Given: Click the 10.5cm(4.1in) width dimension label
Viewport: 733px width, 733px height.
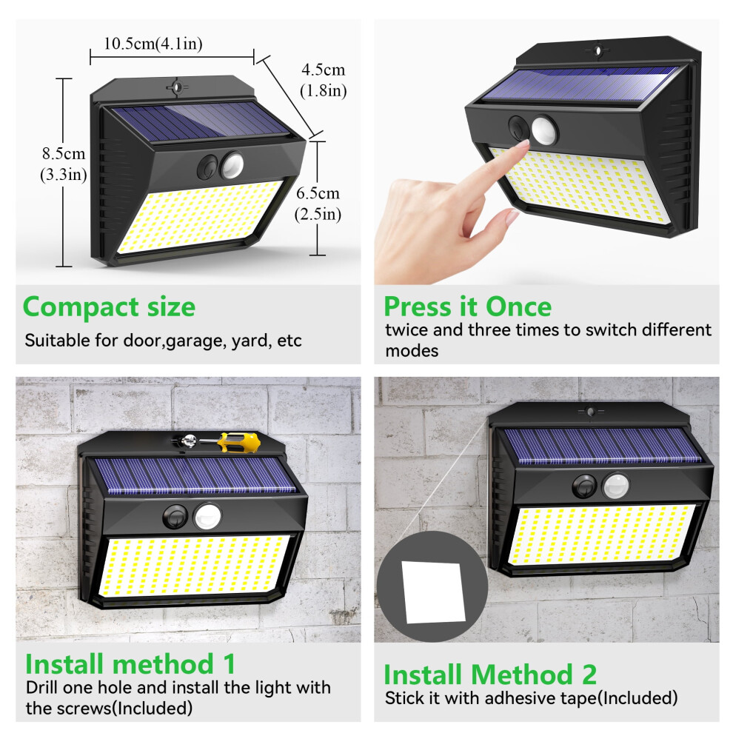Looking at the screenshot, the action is (153, 44).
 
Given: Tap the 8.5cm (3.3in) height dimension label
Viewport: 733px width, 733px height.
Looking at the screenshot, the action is (64, 164).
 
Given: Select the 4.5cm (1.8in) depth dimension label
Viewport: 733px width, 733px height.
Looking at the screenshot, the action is (323, 80).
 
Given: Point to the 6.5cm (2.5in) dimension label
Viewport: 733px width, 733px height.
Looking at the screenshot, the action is (318, 204).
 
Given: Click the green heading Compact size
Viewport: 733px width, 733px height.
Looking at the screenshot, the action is (109, 307).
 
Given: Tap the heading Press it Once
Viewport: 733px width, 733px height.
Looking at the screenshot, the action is (467, 307).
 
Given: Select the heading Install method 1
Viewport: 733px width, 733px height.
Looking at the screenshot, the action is (130, 664).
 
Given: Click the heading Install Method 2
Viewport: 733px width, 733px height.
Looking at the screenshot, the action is (490, 675).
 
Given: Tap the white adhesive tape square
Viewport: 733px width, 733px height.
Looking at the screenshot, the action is (433, 592).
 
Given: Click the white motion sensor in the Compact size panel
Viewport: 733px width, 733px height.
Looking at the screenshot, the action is (232, 165).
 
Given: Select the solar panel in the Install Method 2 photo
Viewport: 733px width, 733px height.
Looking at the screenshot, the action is (602, 446).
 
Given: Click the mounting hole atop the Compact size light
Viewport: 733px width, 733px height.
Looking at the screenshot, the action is (177, 87).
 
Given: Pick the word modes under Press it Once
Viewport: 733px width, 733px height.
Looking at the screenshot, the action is (412, 351).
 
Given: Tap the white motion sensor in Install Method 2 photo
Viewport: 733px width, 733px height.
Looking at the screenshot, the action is (616, 486).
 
